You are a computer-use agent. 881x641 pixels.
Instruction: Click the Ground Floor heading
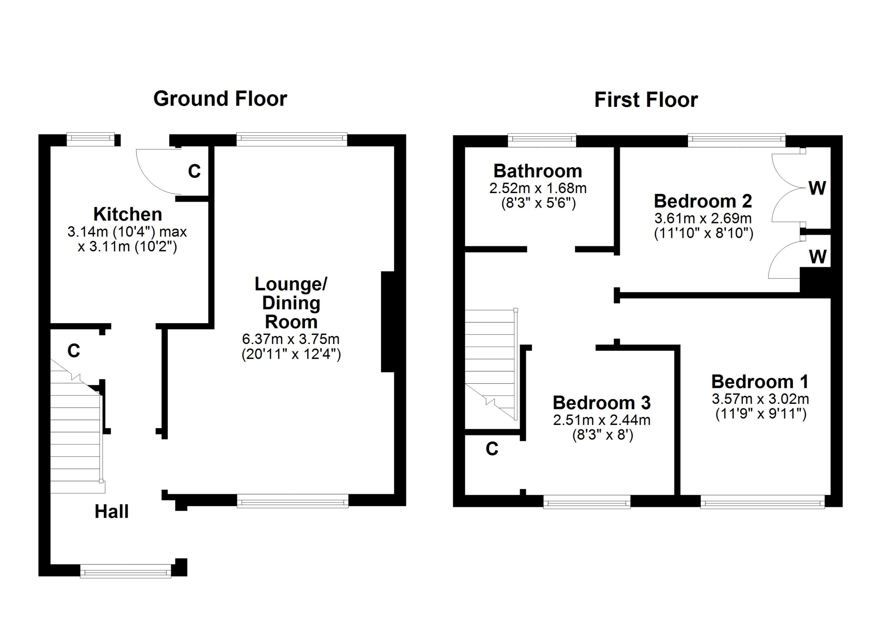pyautogui.click(x=220, y=99)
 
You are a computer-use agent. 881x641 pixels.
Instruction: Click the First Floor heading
pyautogui.click(x=646, y=100)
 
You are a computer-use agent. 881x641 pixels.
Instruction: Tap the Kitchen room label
pyautogui.click(x=128, y=214)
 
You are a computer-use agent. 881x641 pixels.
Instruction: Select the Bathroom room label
pyautogui.click(x=538, y=171)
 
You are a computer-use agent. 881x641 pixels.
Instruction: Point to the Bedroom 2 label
pyautogui.click(x=703, y=201)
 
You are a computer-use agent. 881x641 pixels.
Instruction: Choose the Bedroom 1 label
pyautogui.click(x=760, y=381)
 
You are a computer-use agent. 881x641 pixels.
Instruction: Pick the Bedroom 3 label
pyautogui.click(x=602, y=402)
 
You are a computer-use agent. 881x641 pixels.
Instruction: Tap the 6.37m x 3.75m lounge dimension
pyautogui.click(x=291, y=339)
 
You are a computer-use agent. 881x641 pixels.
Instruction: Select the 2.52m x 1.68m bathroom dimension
pyautogui.click(x=538, y=188)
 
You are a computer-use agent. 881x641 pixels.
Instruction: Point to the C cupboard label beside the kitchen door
pyautogui.click(x=194, y=171)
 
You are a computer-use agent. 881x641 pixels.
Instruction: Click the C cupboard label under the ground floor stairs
pyautogui.click(x=74, y=350)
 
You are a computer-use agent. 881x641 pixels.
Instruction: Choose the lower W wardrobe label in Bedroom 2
pyautogui.click(x=817, y=256)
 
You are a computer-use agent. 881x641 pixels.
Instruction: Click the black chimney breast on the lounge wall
pyautogui.click(x=388, y=322)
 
